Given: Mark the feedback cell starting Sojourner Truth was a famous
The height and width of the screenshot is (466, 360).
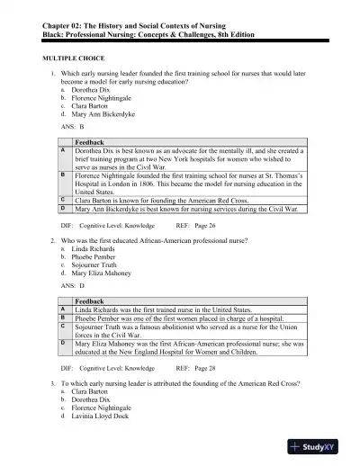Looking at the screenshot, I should [180, 330].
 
